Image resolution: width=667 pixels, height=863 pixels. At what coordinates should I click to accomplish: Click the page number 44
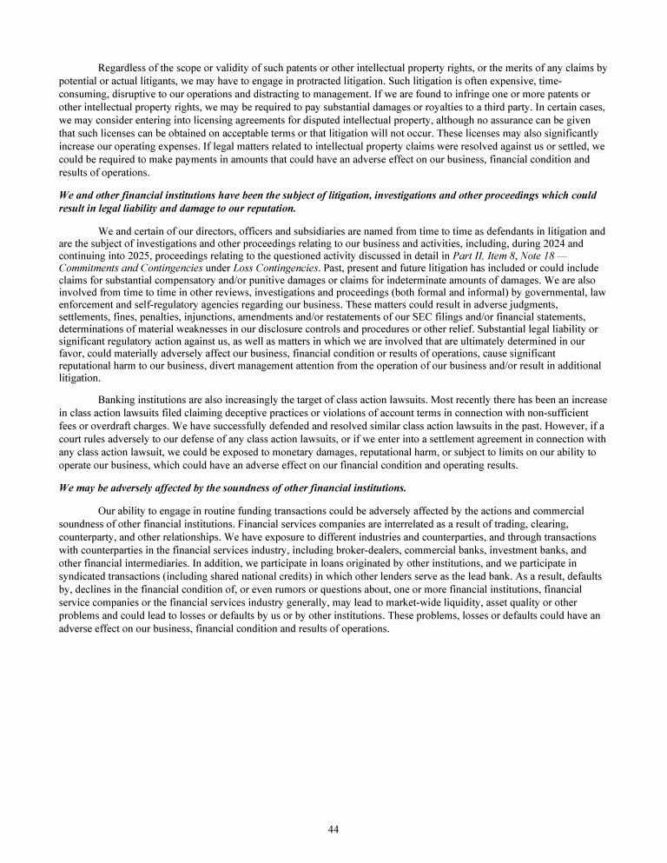coord(333,828)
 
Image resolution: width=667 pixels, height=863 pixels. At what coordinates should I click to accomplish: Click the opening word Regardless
coord(127,68)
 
